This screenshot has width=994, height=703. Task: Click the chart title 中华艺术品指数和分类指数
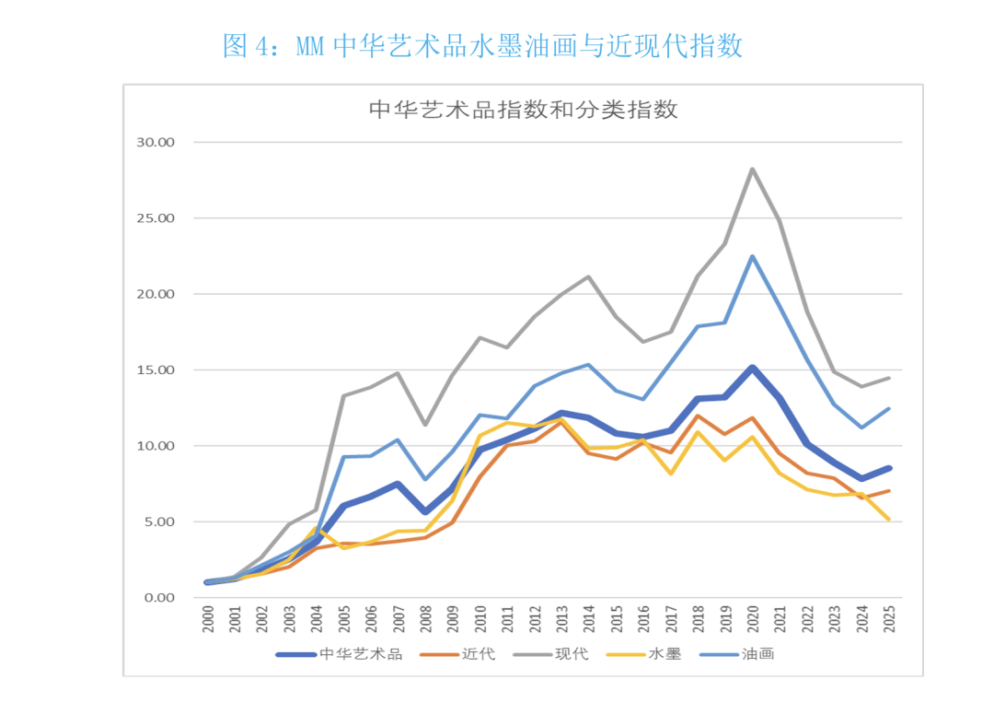(524, 111)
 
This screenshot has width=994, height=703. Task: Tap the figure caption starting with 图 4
(482, 45)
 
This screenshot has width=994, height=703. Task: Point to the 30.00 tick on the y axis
(155, 143)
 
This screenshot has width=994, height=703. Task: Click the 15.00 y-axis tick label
(155, 370)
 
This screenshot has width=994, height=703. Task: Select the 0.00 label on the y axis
(158, 598)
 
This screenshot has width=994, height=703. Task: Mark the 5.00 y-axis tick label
(158, 522)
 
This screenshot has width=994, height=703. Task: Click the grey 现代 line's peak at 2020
(752, 169)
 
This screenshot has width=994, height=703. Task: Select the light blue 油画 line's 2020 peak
(752, 256)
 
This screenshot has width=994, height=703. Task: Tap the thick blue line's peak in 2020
(752, 368)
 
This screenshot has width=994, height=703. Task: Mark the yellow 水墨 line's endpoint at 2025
(888, 520)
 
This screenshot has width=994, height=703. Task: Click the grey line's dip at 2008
(425, 425)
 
